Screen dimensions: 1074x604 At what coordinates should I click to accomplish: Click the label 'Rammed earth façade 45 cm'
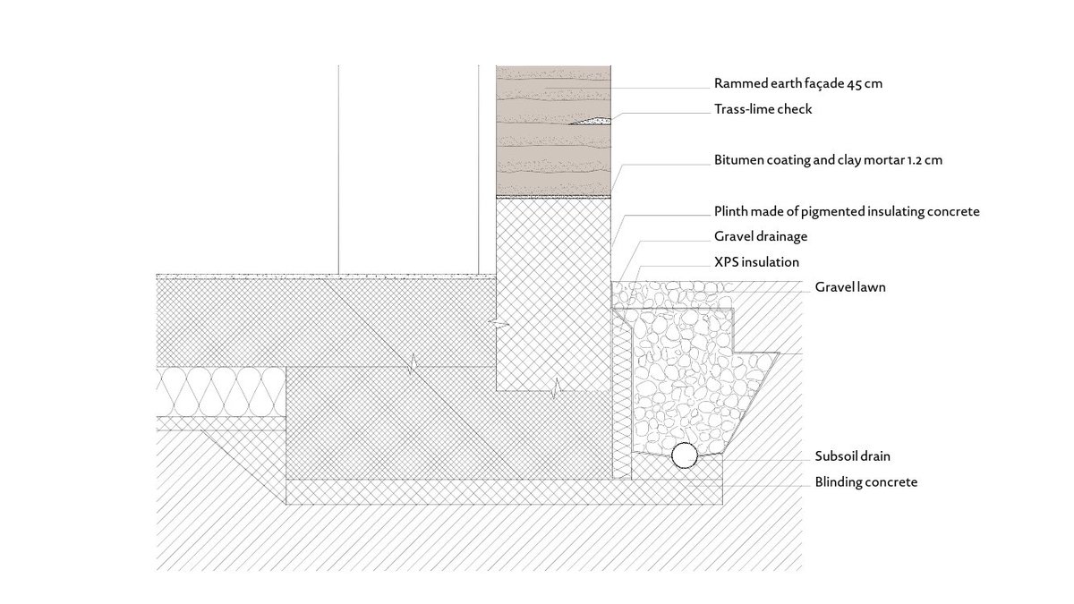tap(798, 84)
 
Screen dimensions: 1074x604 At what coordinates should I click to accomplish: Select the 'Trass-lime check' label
tap(763, 109)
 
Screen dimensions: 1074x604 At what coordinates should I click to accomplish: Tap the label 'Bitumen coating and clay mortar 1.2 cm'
tap(829, 161)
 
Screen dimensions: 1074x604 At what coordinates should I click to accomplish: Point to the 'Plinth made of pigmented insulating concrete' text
tap(847, 212)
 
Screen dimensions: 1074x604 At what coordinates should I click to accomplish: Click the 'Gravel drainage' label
tap(761, 237)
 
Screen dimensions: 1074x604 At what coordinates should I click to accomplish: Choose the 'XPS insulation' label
tap(756, 262)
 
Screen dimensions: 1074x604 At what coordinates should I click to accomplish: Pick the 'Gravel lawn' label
tap(849, 288)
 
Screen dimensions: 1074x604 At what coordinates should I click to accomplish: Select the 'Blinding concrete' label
tap(865, 482)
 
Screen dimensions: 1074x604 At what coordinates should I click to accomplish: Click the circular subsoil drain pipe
tap(685, 455)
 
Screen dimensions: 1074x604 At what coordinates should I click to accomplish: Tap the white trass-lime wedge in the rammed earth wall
tap(593, 119)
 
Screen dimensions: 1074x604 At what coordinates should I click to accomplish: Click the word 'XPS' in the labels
tap(727, 262)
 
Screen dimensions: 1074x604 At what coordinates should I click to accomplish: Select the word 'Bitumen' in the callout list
tap(738, 161)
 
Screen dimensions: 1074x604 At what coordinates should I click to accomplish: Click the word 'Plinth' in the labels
tap(731, 212)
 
